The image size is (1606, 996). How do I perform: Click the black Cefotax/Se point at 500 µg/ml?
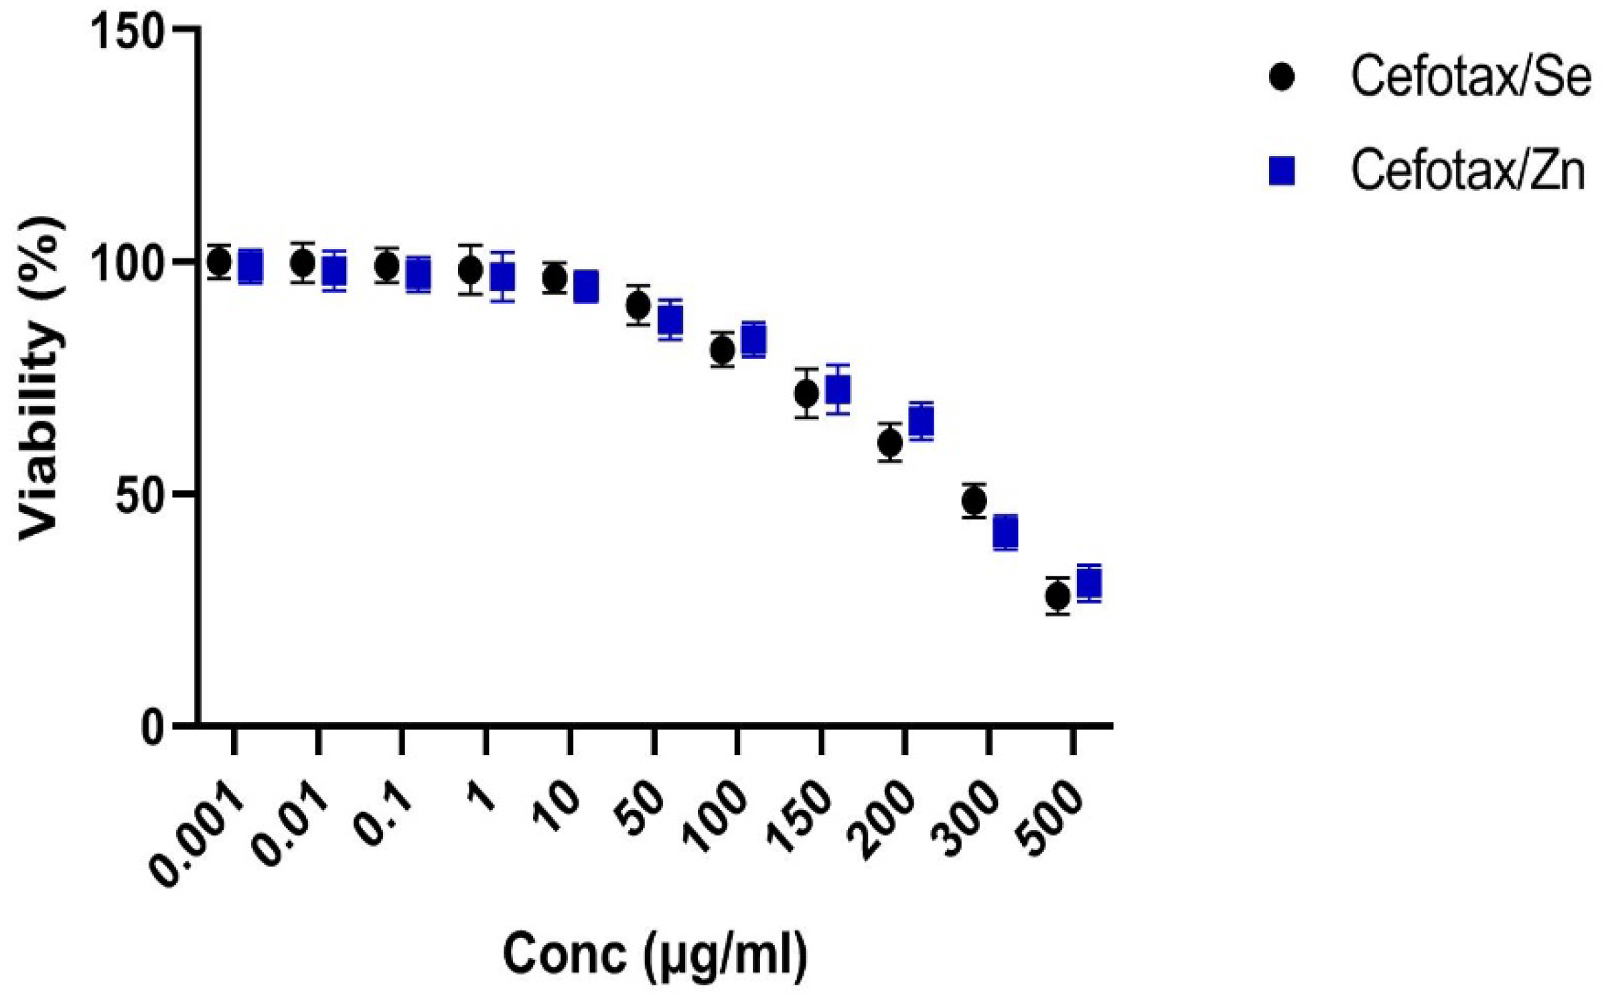[x=1057, y=596]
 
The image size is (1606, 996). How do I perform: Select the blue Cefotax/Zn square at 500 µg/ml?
[x=1089, y=584]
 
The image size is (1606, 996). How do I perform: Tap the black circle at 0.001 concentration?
[x=219, y=262]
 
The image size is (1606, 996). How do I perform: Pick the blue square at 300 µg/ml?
[x=1005, y=533]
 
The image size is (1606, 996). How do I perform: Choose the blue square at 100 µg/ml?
[x=754, y=340]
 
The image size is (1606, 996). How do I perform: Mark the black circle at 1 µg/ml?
[x=471, y=270]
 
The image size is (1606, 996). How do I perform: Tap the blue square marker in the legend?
[x=1282, y=171]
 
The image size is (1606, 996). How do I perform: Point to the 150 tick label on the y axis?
[x=127, y=31]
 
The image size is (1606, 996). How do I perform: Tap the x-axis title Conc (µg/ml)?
[x=655, y=954]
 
